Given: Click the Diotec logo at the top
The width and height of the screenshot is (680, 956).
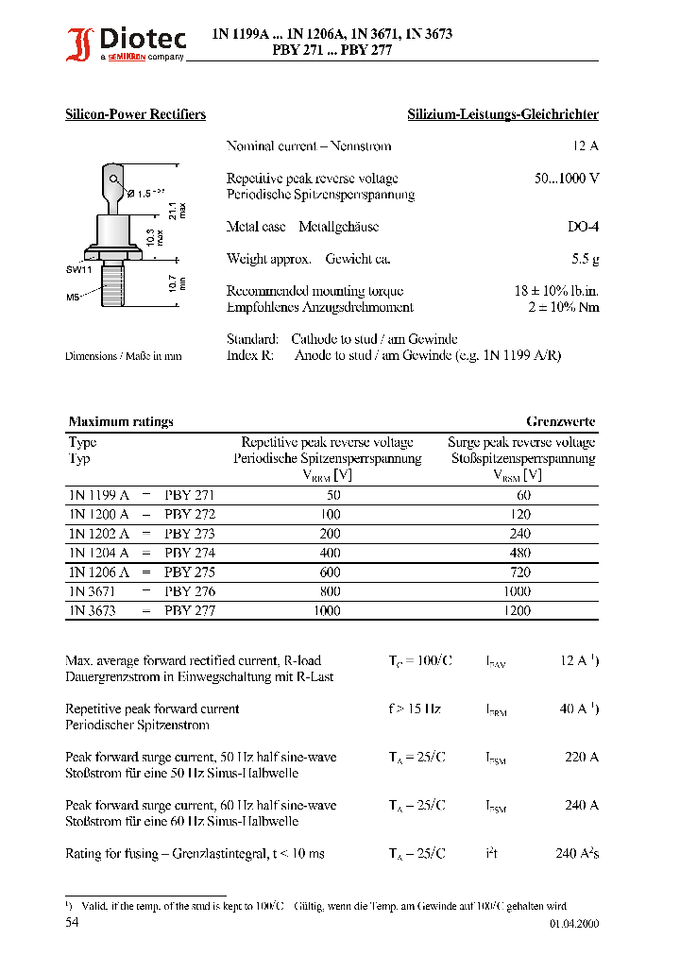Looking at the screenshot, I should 124,43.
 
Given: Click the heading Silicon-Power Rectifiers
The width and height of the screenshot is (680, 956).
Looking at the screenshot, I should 135,114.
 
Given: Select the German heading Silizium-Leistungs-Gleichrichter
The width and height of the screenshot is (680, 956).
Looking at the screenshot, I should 502,114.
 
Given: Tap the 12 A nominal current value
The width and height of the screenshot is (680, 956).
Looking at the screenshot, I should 586,146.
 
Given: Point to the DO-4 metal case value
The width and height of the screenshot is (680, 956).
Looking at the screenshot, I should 583,228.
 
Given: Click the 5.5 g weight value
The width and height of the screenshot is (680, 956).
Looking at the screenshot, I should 586,259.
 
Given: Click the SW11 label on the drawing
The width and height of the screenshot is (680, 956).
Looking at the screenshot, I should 78,269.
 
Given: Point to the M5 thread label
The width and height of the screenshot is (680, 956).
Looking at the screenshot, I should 73,296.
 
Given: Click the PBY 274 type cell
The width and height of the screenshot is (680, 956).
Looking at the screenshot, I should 190,553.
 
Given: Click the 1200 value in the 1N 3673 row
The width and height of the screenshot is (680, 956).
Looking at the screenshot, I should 518,610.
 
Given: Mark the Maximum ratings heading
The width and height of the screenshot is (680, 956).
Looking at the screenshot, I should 121,422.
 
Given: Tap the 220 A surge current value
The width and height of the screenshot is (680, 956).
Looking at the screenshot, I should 582,757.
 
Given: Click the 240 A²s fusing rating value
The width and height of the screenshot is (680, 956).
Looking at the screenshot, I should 577,853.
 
